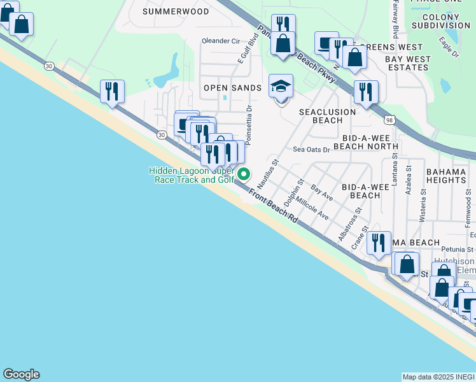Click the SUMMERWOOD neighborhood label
[x=175, y=11]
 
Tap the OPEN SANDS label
[x=232, y=88]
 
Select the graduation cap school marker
[x=281, y=87]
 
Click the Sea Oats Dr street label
[x=311, y=150]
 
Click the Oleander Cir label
[x=220, y=41]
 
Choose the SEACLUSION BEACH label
[x=328, y=116]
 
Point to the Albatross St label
[x=350, y=224]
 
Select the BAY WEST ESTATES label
[x=408, y=63]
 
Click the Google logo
[x=21, y=374]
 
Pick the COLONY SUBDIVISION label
[x=440, y=20]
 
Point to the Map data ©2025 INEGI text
[x=438, y=377]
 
